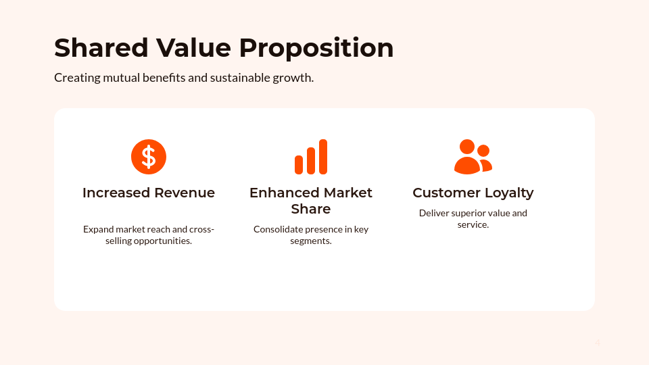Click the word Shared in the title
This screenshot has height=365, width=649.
[x=101, y=48]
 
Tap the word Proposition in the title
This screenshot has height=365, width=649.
[x=316, y=48]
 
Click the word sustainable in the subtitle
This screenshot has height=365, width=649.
[x=239, y=78]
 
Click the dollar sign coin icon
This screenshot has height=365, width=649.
[x=149, y=157]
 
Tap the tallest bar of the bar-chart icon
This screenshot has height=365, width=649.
[x=323, y=157]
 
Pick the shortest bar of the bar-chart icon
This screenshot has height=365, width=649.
[x=299, y=165]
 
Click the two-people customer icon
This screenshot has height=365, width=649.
[x=473, y=157]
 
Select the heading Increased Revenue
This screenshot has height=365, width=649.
[x=149, y=193]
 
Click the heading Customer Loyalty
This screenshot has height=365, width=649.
[x=473, y=193]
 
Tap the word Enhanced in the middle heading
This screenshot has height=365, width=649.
[x=283, y=193]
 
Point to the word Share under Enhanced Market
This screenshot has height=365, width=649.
[x=311, y=209]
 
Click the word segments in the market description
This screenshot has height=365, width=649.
[x=310, y=241]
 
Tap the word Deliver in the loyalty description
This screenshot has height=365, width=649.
[x=433, y=213]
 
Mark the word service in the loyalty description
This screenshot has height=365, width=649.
[x=473, y=224]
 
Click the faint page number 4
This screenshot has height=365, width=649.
[x=598, y=343]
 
